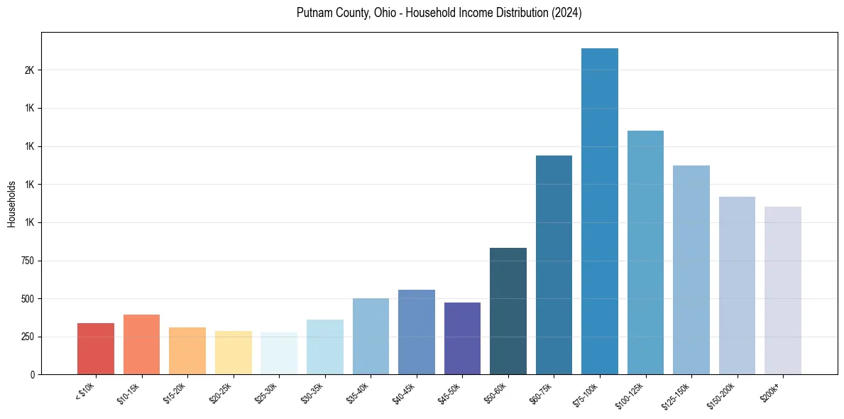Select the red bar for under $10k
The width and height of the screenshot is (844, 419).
pyautogui.click(x=96, y=349)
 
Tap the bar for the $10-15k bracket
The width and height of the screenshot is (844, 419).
pyautogui.click(x=141, y=344)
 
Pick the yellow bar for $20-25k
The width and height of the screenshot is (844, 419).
pyautogui.click(x=234, y=352)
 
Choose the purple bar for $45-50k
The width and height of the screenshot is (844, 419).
pyautogui.click(x=462, y=338)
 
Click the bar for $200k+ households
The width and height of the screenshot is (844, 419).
pyautogui.click(x=783, y=290)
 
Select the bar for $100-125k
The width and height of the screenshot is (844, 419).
pyautogui.click(x=645, y=252)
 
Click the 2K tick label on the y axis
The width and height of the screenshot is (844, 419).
pyautogui.click(x=29, y=70)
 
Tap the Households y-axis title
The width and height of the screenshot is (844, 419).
pyautogui.click(x=12, y=204)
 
